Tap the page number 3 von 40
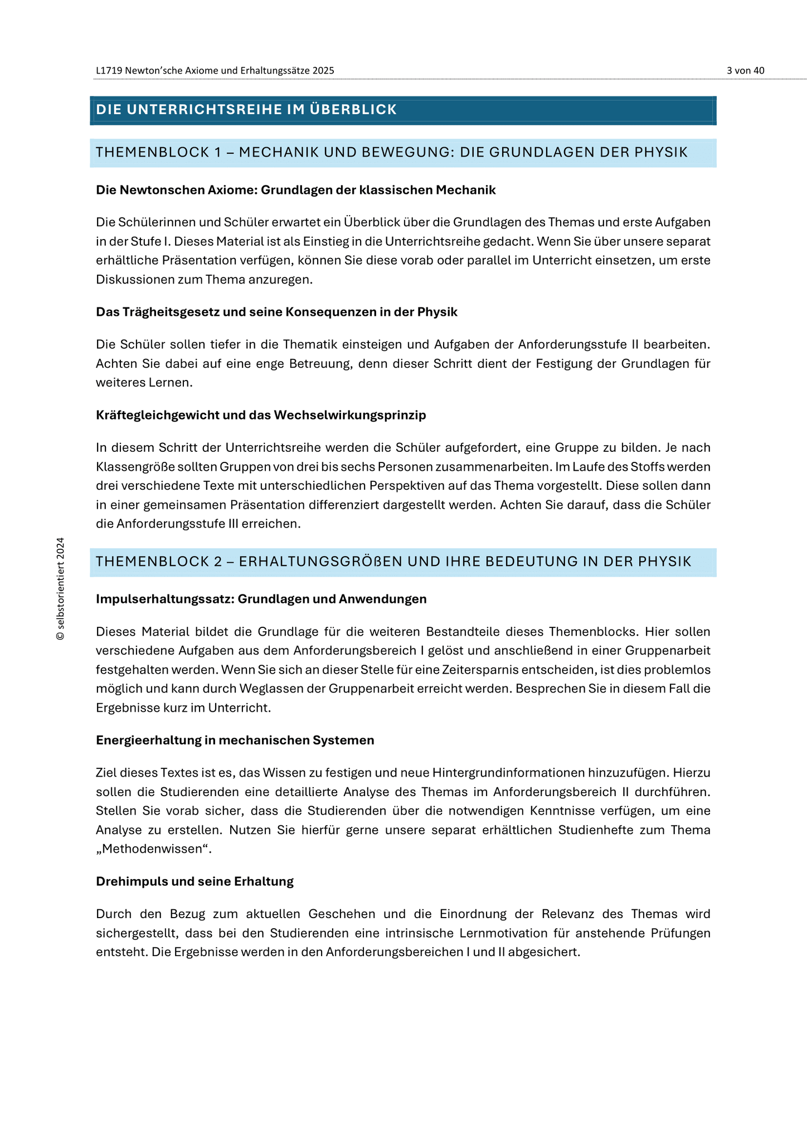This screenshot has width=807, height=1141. (745, 70)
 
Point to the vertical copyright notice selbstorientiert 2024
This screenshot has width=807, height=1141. (61, 589)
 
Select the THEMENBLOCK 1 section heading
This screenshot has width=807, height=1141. (392, 152)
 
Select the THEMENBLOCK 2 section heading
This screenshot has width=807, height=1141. (393, 562)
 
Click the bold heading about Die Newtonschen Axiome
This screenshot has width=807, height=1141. (295, 190)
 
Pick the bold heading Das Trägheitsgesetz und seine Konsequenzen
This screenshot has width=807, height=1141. (276, 312)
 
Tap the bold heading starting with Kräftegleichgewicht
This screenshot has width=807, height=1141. (261, 415)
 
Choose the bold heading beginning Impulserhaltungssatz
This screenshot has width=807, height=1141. (261, 599)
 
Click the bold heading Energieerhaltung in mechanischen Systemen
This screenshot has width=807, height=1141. (235, 740)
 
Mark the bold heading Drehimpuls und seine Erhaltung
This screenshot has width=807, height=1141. (195, 881)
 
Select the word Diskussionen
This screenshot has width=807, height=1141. (135, 280)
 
